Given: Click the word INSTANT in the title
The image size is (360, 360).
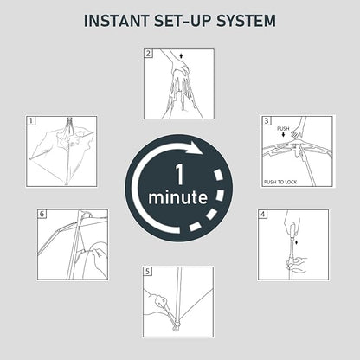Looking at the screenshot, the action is [116, 21].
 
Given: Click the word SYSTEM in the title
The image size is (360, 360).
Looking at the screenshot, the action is [246, 21].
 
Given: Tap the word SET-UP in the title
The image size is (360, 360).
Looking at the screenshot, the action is [183, 21].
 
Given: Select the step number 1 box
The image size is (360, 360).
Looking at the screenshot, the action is [31, 121].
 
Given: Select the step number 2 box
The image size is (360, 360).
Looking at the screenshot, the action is [148, 54].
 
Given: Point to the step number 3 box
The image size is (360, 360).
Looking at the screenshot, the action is [266, 120].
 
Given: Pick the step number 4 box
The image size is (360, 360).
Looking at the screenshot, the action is [262, 215].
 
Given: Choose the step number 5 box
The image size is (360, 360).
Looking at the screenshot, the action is [148, 272].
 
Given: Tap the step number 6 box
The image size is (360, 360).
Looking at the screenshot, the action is [42, 214].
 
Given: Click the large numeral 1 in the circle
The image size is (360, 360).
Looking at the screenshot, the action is [179, 175].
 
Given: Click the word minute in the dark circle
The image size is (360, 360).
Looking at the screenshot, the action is [177, 197].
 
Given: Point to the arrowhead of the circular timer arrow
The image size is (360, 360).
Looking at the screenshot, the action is [197, 148].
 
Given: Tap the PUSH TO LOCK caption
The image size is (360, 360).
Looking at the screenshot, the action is [280, 182].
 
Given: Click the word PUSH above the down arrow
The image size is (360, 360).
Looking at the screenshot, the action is [283, 128].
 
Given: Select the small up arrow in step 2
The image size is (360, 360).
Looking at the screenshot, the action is [181, 55].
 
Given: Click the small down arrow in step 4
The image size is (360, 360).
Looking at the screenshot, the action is [297, 242].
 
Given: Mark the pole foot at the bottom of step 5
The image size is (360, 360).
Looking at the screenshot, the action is [176, 328].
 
